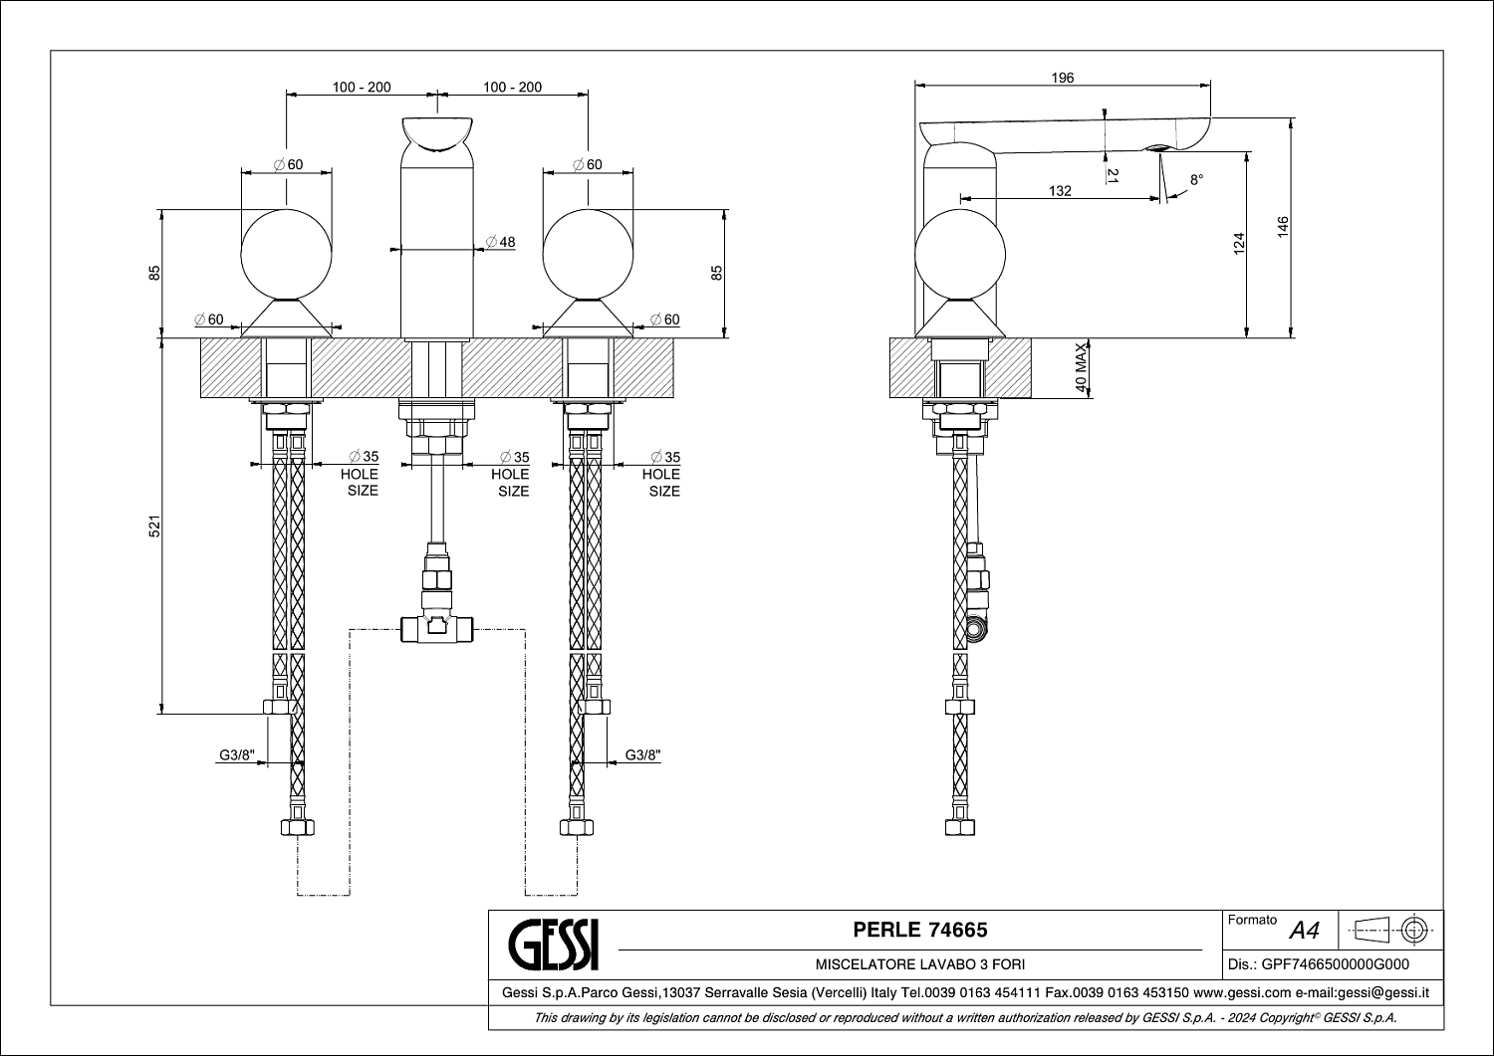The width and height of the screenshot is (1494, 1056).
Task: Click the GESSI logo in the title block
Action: click(554, 945)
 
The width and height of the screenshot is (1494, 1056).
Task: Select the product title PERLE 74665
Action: click(919, 930)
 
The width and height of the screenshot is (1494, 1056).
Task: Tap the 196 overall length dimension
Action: click(1063, 78)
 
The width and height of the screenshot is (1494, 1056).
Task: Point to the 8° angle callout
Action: click(1196, 179)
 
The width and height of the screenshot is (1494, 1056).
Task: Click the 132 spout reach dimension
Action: click(1060, 191)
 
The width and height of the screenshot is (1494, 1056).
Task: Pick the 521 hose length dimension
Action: click(154, 526)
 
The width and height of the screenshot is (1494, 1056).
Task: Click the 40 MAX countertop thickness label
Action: click(1081, 368)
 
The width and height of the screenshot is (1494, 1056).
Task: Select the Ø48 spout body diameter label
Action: click(501, 242)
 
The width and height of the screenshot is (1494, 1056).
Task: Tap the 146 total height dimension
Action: click(1283, 227)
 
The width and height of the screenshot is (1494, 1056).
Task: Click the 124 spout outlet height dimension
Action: click(1239, 243)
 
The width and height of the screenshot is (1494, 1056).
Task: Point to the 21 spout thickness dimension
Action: click(1113, 175)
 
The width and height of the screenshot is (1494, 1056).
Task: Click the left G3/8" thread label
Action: click(237, 755)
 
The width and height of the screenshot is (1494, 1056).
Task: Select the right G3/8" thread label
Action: click(643, 755)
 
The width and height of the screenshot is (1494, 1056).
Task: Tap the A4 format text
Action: click(1304, 931)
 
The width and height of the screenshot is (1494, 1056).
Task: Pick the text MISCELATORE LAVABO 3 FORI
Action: click(919, 964)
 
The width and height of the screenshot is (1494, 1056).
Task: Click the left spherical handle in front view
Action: click(286, 255)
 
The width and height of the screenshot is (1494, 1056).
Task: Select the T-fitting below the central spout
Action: click(437, 629)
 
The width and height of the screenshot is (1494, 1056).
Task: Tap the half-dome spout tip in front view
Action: click(437, 134)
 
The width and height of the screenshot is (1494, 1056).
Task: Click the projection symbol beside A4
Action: click(1390, 930)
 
